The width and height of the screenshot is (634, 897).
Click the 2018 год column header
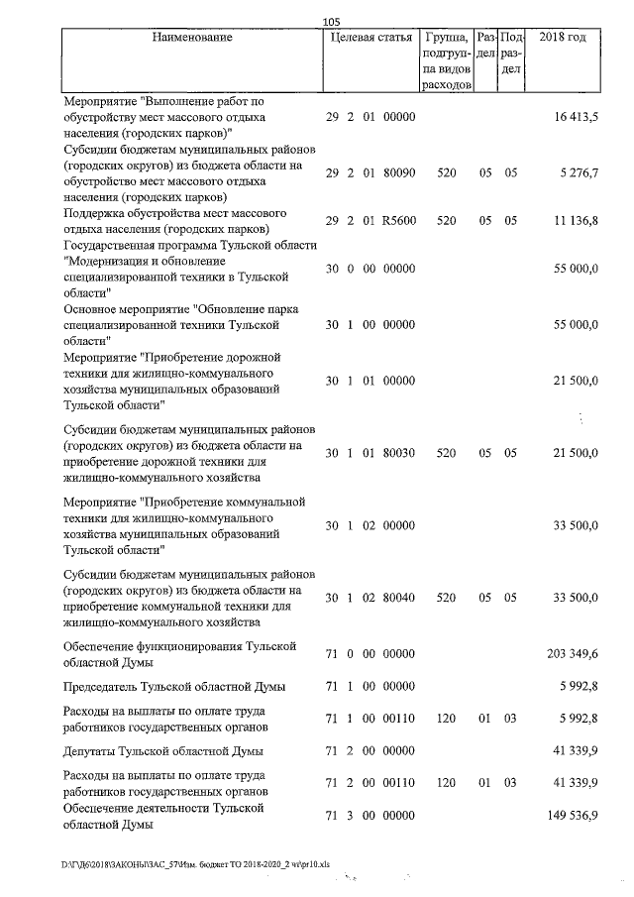coord(562,38)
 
